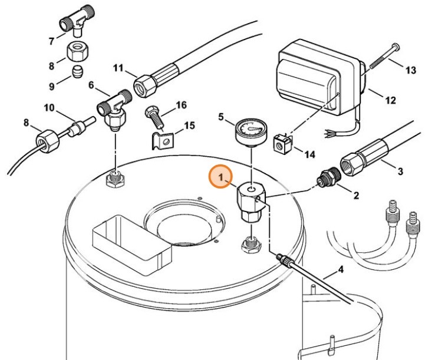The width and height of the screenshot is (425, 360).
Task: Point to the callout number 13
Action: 410,70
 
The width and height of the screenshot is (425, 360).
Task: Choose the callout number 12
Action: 390,100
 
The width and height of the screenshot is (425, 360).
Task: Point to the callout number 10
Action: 49,108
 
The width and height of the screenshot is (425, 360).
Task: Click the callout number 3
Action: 400,171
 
